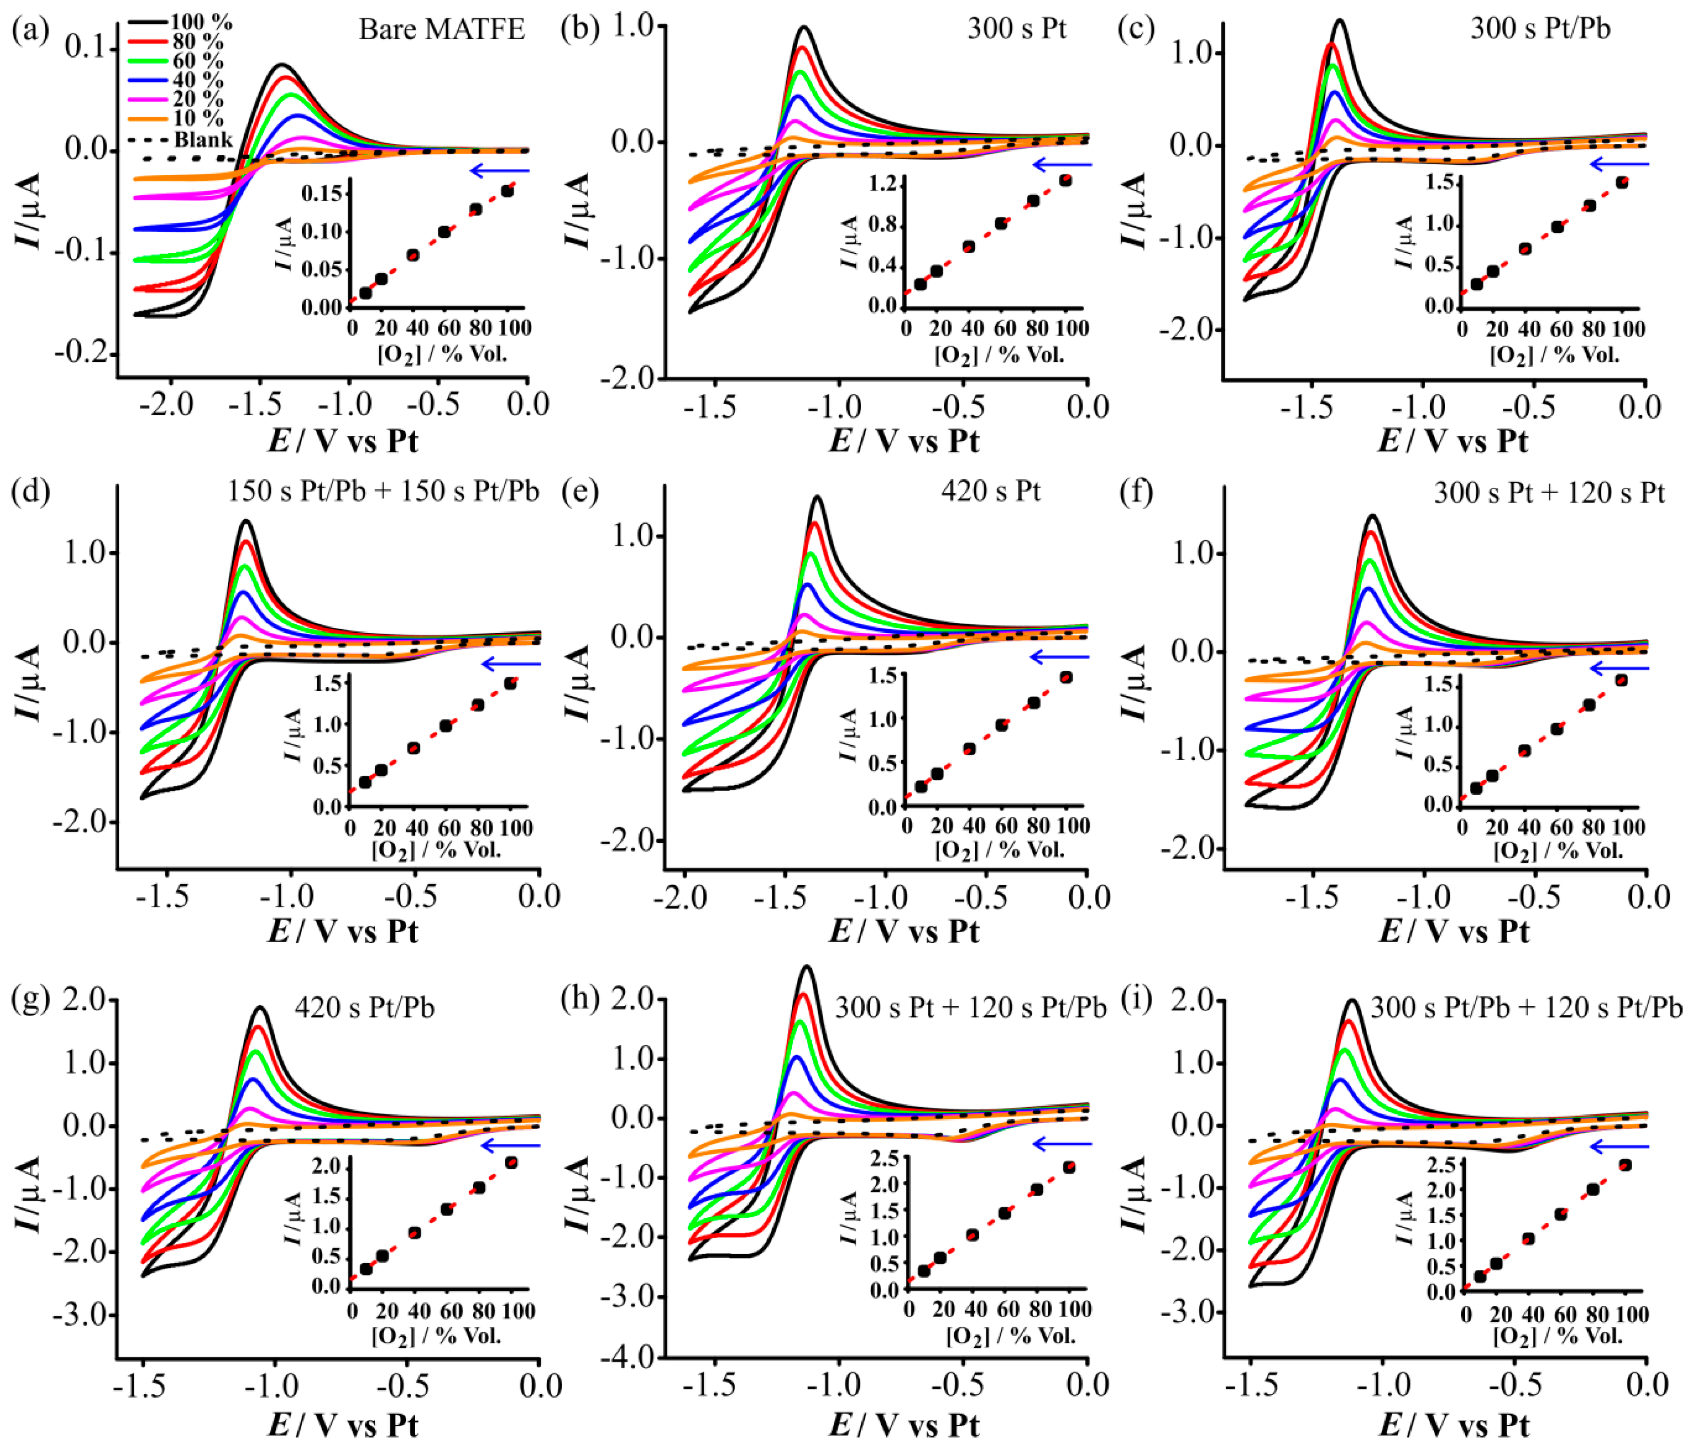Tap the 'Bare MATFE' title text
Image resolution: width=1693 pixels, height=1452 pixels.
pos(441,30)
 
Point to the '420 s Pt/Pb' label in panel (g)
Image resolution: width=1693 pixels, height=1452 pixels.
pos(364,1007)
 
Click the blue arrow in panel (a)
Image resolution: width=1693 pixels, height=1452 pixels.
pos(500,171)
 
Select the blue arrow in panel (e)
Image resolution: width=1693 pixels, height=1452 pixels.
pos(1060,656)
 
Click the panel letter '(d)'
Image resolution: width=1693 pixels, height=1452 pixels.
pos(30,491)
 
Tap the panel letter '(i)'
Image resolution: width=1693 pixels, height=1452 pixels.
pos(1137,999)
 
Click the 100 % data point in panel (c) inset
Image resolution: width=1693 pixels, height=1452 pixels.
pos(1621,182)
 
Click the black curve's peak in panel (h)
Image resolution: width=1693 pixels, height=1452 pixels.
pos(807,967)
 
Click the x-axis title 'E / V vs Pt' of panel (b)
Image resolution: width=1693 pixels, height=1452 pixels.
pos(904,441)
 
